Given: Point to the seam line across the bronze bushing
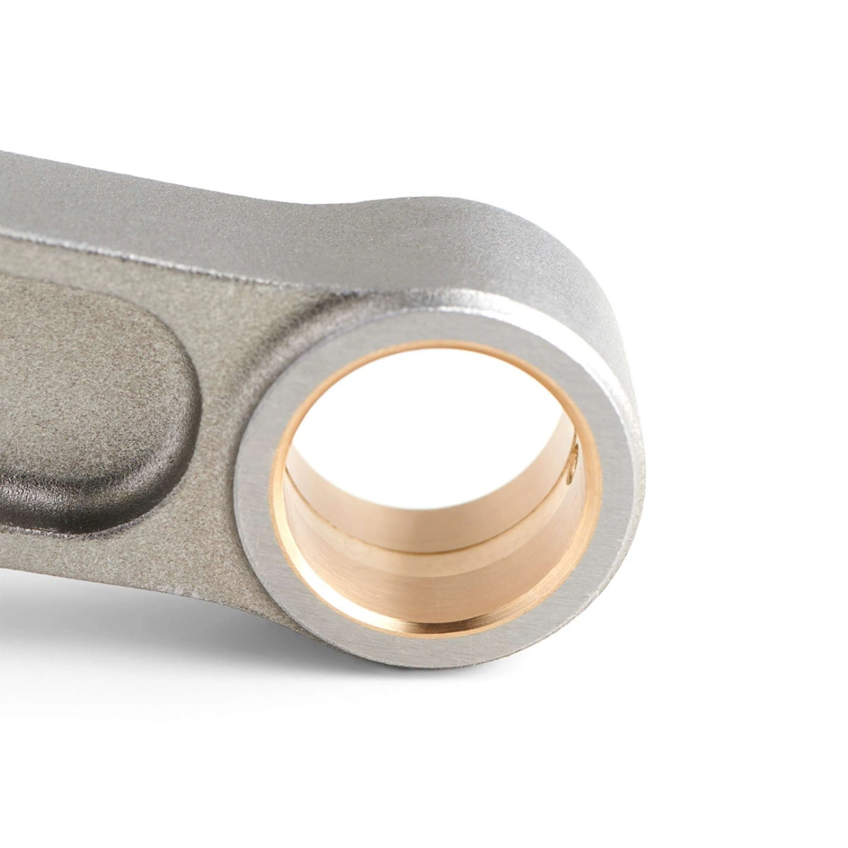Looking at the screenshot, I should point(424,545).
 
